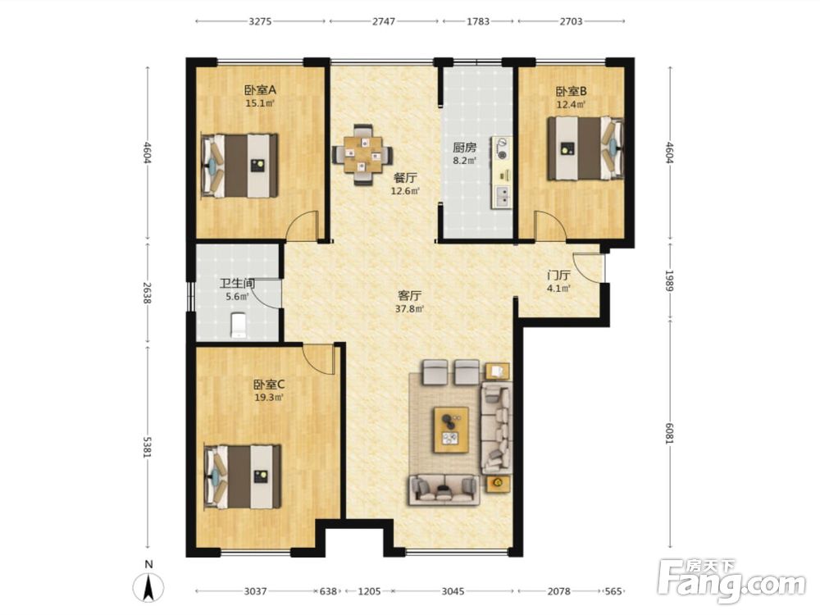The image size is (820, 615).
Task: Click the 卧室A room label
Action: coord(260,90)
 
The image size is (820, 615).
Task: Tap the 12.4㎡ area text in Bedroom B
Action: coord(571,104)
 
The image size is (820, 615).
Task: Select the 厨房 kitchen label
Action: coord(464,148)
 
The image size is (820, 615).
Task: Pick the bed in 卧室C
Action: coord(243,476)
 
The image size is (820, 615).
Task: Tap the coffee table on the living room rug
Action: coord(451,430)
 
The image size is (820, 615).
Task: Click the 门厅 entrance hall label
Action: coord(558,275)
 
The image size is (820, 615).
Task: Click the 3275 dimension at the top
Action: coord(260,21)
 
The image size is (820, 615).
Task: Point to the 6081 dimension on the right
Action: coord(670,434)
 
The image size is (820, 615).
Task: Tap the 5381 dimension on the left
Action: coord(147,447)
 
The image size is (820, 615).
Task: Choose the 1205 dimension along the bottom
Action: coord(369,591)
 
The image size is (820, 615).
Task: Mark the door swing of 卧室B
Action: coord(549,225)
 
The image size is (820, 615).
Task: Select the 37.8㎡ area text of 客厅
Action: coord(409,308)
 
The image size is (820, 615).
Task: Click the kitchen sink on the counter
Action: coord(502,196)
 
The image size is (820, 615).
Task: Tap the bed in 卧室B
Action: coord(585,149)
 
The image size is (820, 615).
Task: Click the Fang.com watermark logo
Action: coord(731,581)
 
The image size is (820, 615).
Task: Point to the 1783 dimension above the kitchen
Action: coord(478,21)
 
